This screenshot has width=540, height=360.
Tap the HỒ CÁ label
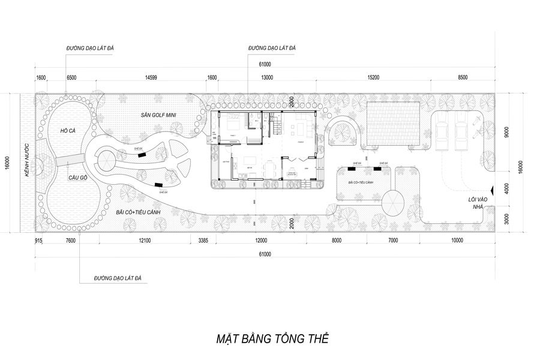coord(67,130)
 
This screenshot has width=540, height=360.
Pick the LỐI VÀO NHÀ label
coord(477,202)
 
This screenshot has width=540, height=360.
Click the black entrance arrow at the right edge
coord(492,190)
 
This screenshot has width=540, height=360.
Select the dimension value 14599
coord(151,78)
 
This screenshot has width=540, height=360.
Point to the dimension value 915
coord(38,241)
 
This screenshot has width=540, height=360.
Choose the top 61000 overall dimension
coord(265,64)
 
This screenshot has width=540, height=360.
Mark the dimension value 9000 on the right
coord(506,132)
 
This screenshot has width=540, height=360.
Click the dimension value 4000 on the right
coord(506,188)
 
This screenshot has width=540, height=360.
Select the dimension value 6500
coord(71,78)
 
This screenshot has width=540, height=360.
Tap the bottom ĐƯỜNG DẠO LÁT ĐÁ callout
coord(117,279)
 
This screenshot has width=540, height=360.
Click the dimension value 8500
coord(463,78)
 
